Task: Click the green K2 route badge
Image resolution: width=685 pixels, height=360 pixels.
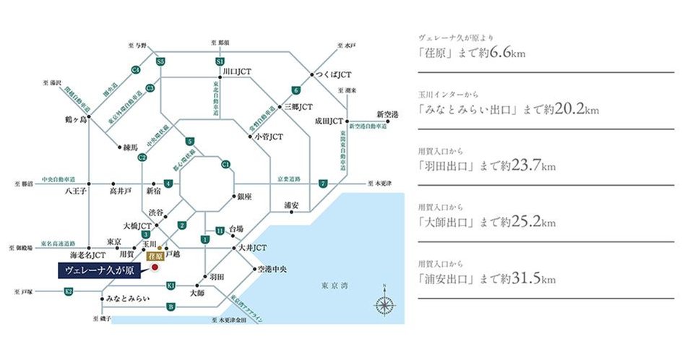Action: [x=69, y=291]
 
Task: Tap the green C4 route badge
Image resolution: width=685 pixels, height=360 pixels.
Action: [x=135, y=69]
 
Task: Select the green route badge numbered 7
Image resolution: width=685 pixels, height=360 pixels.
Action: [x=323, y=184]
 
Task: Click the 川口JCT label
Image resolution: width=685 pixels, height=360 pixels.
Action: [x=238, y=72]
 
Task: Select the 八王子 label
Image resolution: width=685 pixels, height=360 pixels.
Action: [x=75, y=192]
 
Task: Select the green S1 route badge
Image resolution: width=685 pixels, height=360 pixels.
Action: [x=219, y=63]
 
